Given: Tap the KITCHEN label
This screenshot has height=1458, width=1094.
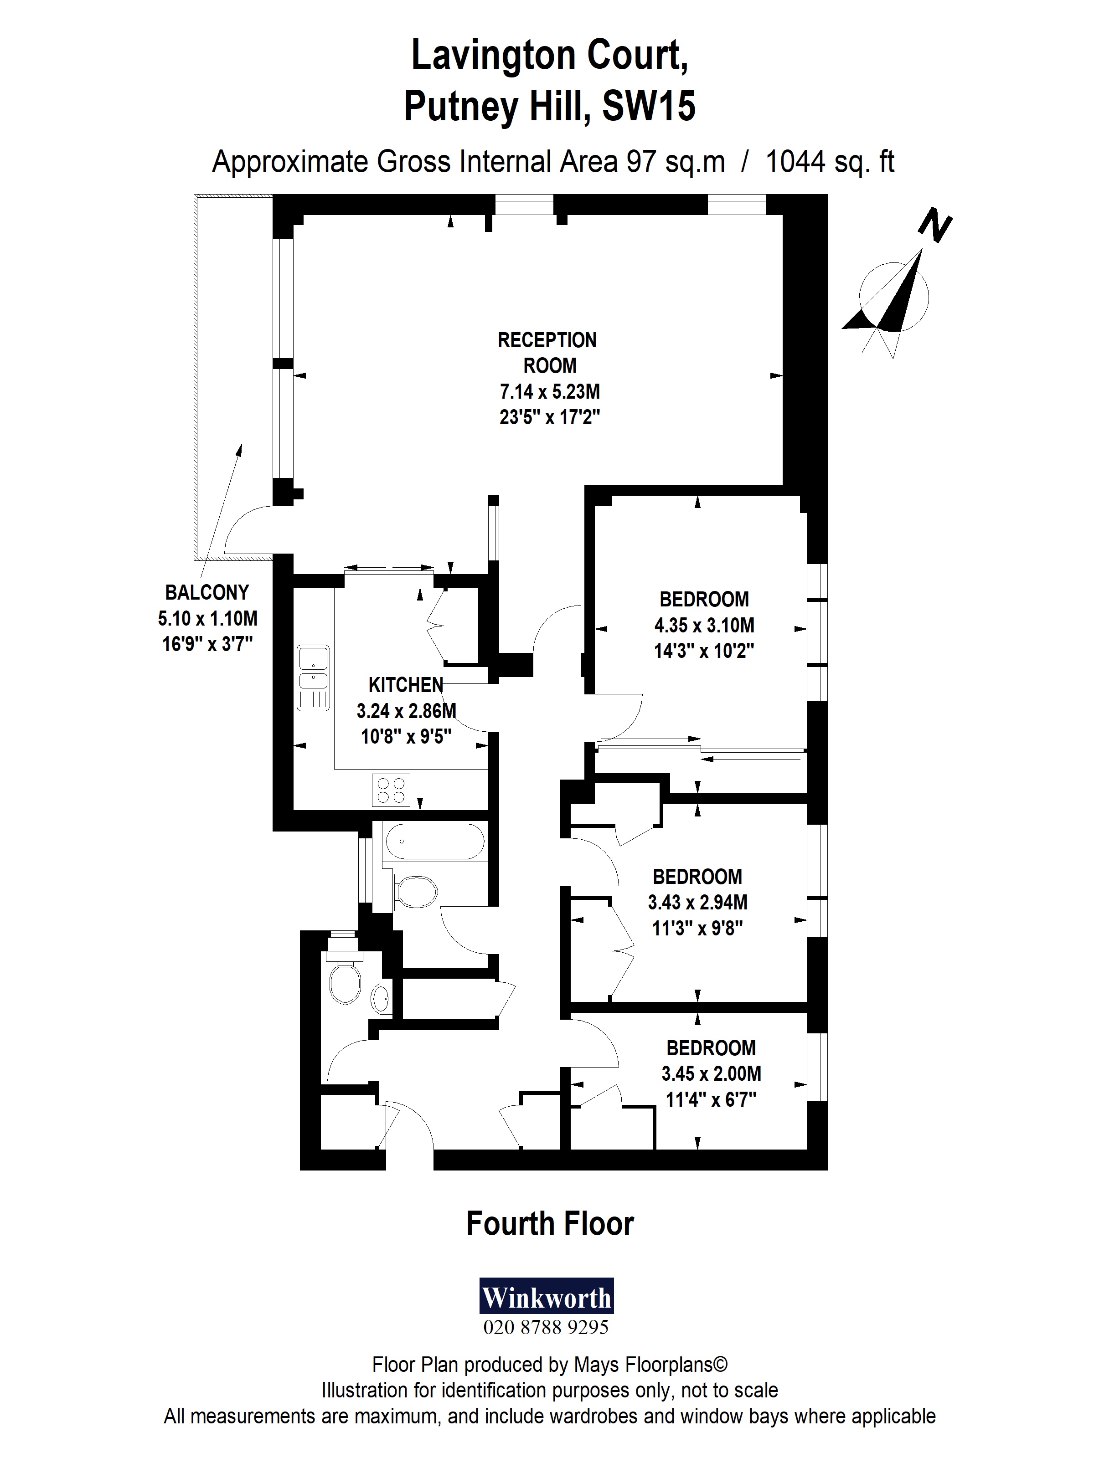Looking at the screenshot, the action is tap(406, 686).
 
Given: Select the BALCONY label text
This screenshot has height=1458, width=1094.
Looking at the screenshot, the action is tap(207, 593).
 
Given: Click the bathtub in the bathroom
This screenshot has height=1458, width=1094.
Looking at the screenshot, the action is tap(434, 841).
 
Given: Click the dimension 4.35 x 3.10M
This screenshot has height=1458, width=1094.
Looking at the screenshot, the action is tap(704, 625).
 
